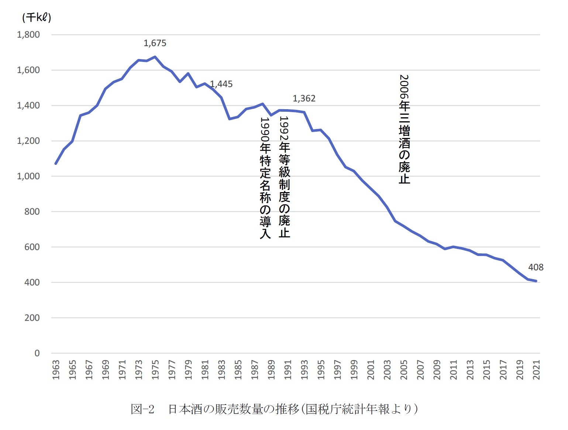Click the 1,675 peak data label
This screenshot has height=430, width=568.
pyautogui.click(x=155, y=43)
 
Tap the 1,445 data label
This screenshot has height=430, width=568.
pyautogui.click(x=221, y=84)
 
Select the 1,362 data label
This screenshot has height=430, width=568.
pyautogui.click(x=304, y=98)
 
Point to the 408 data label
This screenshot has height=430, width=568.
pyautogui.click(x=536, y=267)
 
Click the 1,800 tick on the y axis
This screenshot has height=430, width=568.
pyautogui.click(x=28, y=35)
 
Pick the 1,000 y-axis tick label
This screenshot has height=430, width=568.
pyautogui.click(x=28, y=176)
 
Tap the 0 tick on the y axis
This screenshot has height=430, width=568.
pyautogui.click(x=37, y=353)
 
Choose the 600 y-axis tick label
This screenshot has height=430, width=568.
pyautogui.click(x=32, y=247)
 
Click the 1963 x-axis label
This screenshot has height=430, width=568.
pyautogui.click(x=56, y=370)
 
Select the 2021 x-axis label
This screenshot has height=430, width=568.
pyautogui.click(x=537, y=370)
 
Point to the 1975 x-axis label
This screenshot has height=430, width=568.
pyautogui.click(x=155, y=370)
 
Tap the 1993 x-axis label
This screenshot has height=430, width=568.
pyautogui.click(x=304, y=370)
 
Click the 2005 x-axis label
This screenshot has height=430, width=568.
pyautogui.click(x=404, y=370)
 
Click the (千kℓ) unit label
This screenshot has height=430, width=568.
pyautogui.click(x=37, y=17)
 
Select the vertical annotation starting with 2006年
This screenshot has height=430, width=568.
pyautogui.click(x=405, y=129)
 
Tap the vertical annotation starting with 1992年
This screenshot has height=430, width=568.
pyautogui.click(x=284, y=177)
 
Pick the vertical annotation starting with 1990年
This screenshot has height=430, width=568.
pyautogui.click(x=265, y=178)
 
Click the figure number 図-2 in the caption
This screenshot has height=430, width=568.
pyautogui.click(x=142, y=409)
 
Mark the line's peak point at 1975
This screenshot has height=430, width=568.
pyautogui.click(x=155, y=57)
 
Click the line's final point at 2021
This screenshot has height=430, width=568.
pyautogui.click(x=536, y=281)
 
